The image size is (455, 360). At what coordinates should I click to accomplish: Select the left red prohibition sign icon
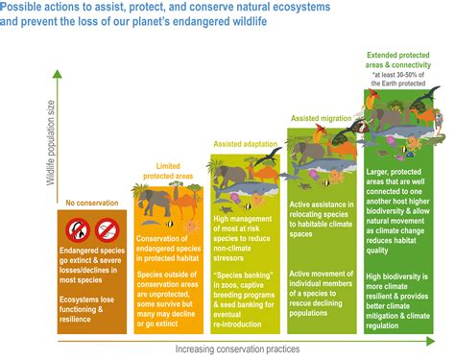[x=80, y=229]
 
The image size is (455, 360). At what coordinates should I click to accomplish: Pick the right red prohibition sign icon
[x=108, y=229]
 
